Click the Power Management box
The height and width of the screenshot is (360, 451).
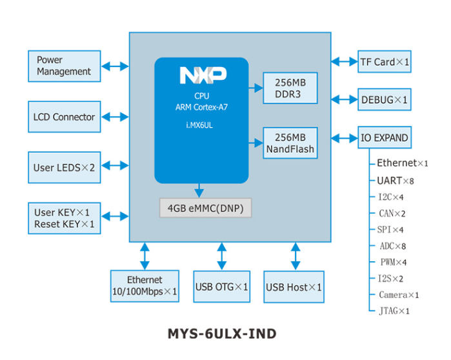[65, 66]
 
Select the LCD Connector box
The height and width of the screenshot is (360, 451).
[65, 117]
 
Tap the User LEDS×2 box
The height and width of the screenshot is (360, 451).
[65, 168]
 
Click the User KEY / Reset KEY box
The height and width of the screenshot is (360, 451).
[65, 218]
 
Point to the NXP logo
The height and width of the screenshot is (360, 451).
[203, 76]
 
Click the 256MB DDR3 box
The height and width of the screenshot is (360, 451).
[290, 88]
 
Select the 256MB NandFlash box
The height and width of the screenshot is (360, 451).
[290, 143]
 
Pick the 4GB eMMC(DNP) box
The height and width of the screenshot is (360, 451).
[206, 208]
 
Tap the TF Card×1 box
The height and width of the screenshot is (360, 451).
[385, 62]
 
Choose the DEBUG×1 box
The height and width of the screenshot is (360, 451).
[385, 100]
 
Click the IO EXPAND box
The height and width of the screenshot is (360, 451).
[385, 138]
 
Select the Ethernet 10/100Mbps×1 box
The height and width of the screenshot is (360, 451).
[145, 286]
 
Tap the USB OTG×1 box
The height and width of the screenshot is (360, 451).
[222, 286]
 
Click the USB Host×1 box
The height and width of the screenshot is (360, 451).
[294, 286]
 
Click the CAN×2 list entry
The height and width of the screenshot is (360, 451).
[392, 214]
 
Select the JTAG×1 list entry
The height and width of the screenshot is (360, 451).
[394, 311]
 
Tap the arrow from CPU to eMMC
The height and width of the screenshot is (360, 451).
[199, 190]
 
